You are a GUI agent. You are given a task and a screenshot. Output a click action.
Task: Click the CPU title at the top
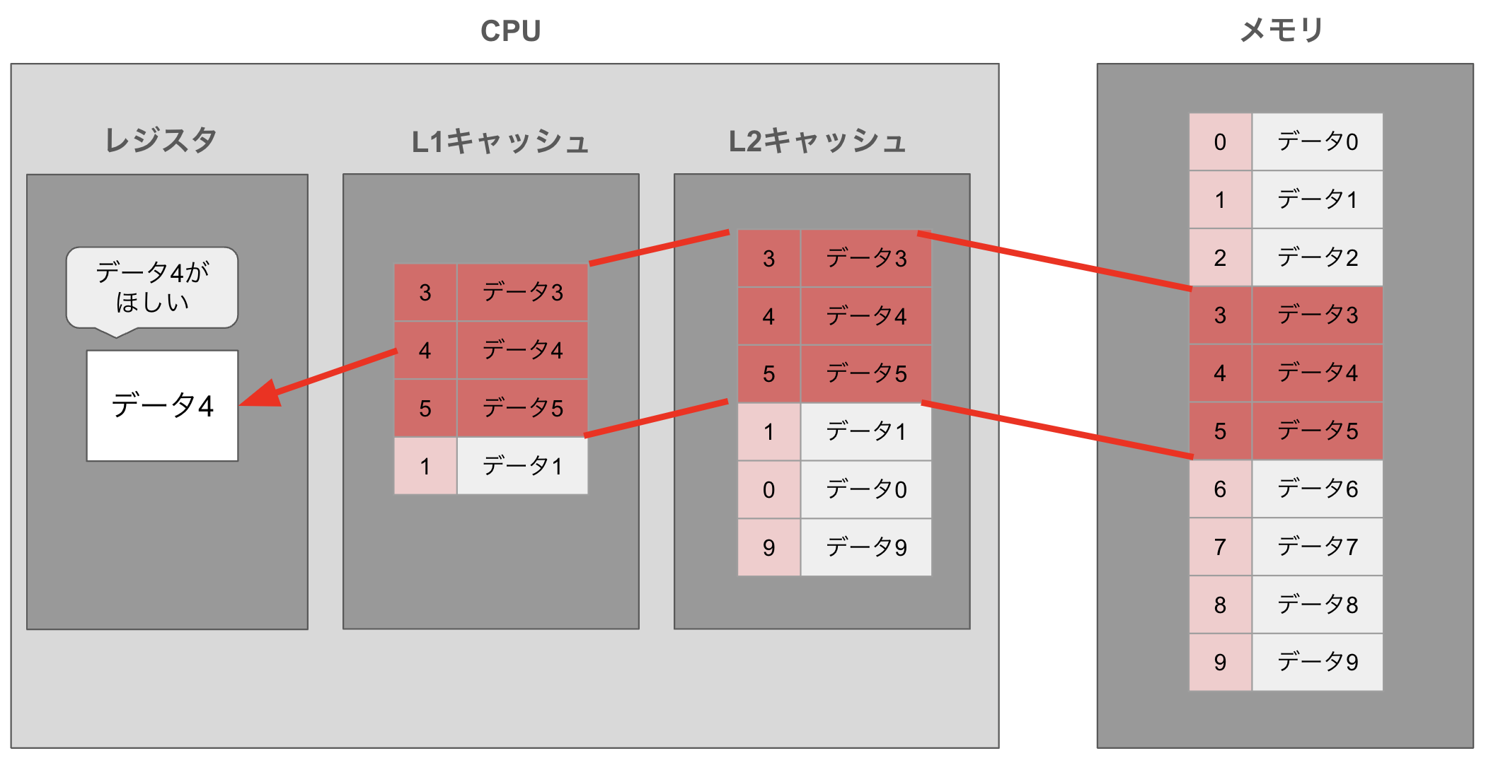[510, 31]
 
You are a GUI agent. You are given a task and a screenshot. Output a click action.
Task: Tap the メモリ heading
[1281, 30]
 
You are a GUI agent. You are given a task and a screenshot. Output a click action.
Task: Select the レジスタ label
[161, 140]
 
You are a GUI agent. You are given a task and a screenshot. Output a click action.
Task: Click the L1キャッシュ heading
[500, 141]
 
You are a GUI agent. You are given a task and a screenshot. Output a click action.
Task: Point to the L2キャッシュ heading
[817, 141]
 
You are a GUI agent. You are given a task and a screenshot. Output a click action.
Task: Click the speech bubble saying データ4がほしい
[152, 287]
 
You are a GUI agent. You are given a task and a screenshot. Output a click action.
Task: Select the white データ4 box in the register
[162, 406]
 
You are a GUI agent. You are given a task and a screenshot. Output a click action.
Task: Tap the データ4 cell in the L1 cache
[522, 350]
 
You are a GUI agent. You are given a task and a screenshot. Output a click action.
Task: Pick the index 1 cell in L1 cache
[425, 466]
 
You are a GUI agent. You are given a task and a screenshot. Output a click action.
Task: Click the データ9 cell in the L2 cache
[865, 547]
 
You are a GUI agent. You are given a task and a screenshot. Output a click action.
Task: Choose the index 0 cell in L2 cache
[768, 489]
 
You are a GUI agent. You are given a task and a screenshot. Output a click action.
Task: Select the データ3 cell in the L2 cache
[865, 258]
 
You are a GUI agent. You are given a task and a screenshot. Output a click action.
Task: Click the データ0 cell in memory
[1317, 142]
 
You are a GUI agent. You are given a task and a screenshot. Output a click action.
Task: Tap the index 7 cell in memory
[1220, 547]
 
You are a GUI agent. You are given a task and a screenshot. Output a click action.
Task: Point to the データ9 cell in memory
[1317, 662]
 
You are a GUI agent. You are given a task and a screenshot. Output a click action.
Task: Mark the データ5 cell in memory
[1317, 431]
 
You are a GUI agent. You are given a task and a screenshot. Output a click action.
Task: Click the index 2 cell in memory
[1220, 257]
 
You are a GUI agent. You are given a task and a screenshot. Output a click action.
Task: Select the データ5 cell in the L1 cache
[522, 408]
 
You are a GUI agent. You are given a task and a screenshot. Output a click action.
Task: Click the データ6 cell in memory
[1317, 489]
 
